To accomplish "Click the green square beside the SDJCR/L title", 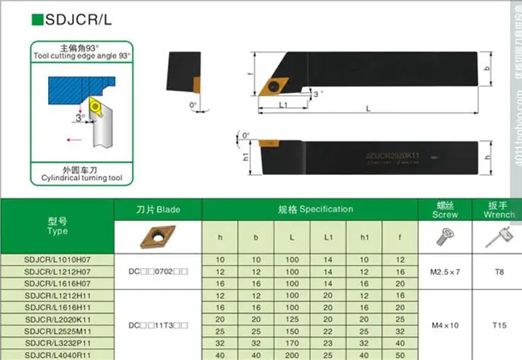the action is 37,20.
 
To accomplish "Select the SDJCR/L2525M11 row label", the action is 57,332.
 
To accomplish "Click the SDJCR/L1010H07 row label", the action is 57,260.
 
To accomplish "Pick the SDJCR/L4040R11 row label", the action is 57,354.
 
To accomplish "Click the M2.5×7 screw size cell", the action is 445,271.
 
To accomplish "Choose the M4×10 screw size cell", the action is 445,325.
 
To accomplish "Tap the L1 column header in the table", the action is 328,238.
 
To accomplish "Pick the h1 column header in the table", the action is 364,238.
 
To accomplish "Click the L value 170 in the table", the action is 292,343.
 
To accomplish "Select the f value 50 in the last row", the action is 401,354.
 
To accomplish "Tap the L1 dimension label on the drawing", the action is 282,105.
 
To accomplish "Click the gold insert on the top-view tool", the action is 271,87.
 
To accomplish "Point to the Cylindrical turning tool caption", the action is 81,178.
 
